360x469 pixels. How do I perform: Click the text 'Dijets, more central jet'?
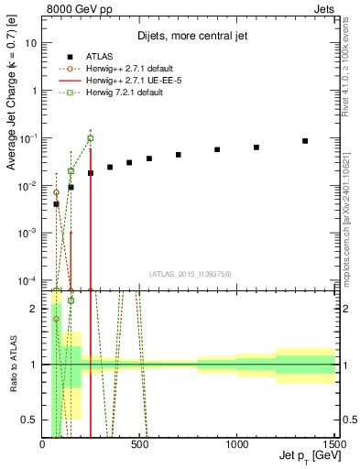[188, 37]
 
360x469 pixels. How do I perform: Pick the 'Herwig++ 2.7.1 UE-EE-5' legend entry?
[135, 81]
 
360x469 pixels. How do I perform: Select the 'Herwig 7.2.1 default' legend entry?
[130, 93]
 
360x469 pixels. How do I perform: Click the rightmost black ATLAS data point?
[305, 141]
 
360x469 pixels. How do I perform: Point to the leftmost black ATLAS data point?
[56, 204]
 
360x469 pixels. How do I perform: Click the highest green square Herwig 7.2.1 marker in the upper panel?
[90, 138]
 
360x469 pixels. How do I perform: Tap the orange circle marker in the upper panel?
[56, 193]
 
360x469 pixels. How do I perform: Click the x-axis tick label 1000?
[237, 444]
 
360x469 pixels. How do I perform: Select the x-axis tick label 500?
[140, 444]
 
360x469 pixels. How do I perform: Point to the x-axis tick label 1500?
[334, 444]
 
